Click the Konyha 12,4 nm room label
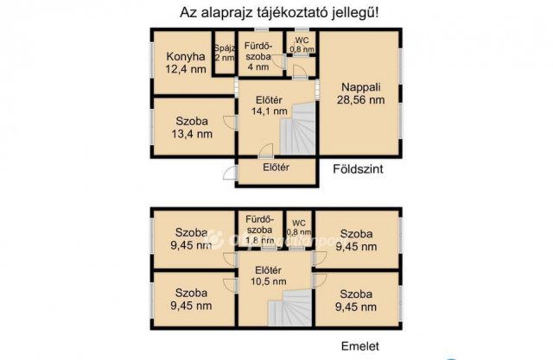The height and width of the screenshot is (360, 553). pos(186,62)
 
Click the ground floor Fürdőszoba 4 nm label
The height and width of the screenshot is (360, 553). pos(258,55)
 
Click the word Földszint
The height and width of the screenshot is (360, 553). pos(358,169)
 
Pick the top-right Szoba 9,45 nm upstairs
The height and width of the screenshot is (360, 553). pos(357,239)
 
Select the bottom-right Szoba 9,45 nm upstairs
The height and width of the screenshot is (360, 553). pos(357,299)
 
